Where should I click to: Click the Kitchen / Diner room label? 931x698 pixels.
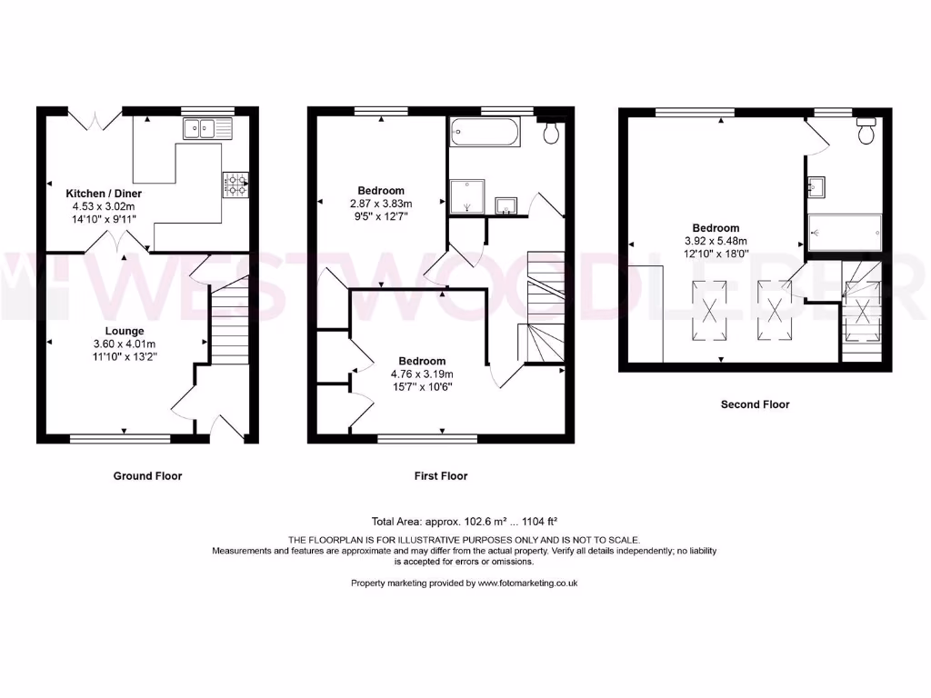coord(103,194)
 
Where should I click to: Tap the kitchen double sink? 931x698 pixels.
coord(207,129)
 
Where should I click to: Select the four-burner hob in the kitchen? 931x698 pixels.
coord(235,185)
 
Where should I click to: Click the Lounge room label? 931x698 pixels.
coord(125,331)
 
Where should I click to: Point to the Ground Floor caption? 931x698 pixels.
coord(147,475)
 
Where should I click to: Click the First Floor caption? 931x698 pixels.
coord(440,475)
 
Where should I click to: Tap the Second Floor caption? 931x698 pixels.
coord(755,404)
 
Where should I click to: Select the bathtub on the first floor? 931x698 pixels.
coord(485,135)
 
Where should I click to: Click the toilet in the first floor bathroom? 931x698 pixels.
coord(550,133)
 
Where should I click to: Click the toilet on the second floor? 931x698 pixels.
coord(866,133)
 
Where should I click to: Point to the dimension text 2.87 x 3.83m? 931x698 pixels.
coord(381,204)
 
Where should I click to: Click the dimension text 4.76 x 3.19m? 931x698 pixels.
coord(422,374)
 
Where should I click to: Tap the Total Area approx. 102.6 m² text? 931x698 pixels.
coord(464,522)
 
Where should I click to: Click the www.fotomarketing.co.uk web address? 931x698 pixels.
coord(527,583)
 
